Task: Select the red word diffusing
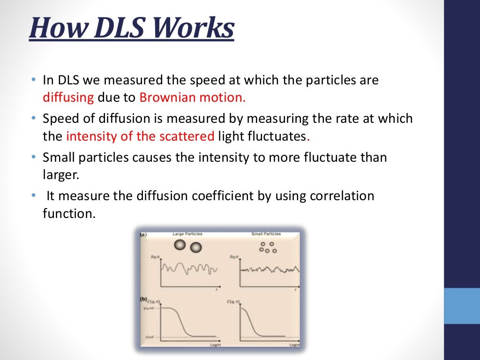(x=69, y=98)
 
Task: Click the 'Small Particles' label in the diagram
(x=266, y=233)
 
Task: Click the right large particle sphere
(x=195, y=247)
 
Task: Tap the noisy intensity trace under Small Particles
(x=270, y=270)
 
